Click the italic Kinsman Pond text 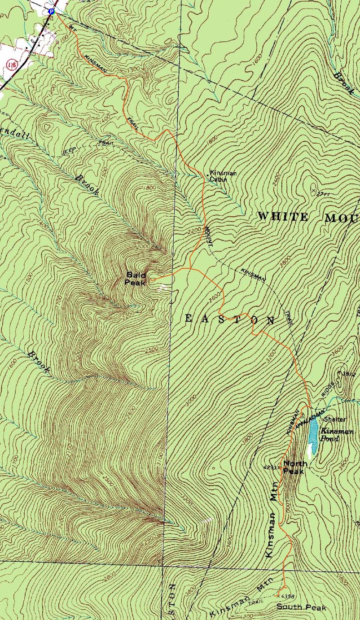click(336, 435)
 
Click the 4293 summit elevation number click(272, 467)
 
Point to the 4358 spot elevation click(287, 597)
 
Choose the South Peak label click(301, 607)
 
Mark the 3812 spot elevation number click(348, 374)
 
